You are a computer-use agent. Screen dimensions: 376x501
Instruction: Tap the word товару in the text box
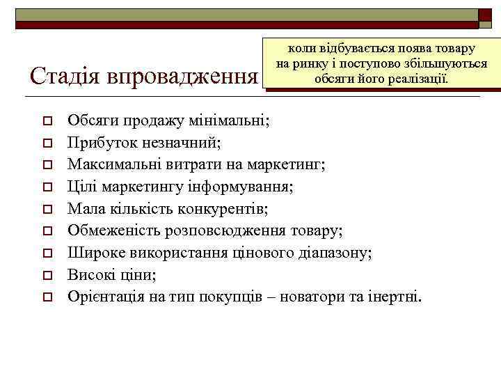452,49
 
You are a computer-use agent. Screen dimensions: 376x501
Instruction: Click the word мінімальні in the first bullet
234,120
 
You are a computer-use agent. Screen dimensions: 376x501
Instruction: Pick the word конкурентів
228,209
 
